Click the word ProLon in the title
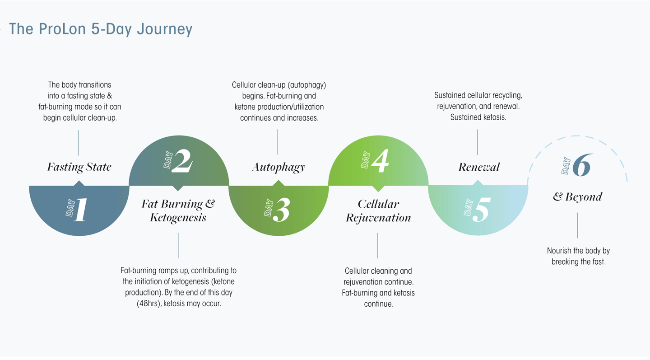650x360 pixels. (x=62, y=29)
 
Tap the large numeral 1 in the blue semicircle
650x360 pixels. (x=81, y=210)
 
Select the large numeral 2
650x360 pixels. (x=182, y=161)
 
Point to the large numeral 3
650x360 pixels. (x=281, y=210)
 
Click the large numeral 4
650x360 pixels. (x=380, y=161)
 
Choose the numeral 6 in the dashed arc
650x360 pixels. (x=581, y=165)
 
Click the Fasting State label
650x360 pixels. (x=79, y=167)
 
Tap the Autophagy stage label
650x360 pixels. (x=278, y=168)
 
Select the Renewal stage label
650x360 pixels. (x=479, y=167)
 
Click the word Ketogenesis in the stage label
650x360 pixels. (x=178, y=218)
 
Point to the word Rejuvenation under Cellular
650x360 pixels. (x=378, y=218)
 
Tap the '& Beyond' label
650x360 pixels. (x=577, y=197)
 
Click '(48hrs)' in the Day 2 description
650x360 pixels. (x=149, y=304)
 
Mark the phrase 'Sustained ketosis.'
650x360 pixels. (x=478, y=117)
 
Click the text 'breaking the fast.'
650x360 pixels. (x=579, y=262)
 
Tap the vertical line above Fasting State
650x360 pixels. (x=79, y=143)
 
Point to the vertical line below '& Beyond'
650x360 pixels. (x=577, y=225)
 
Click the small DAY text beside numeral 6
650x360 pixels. (x=566, y=166)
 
